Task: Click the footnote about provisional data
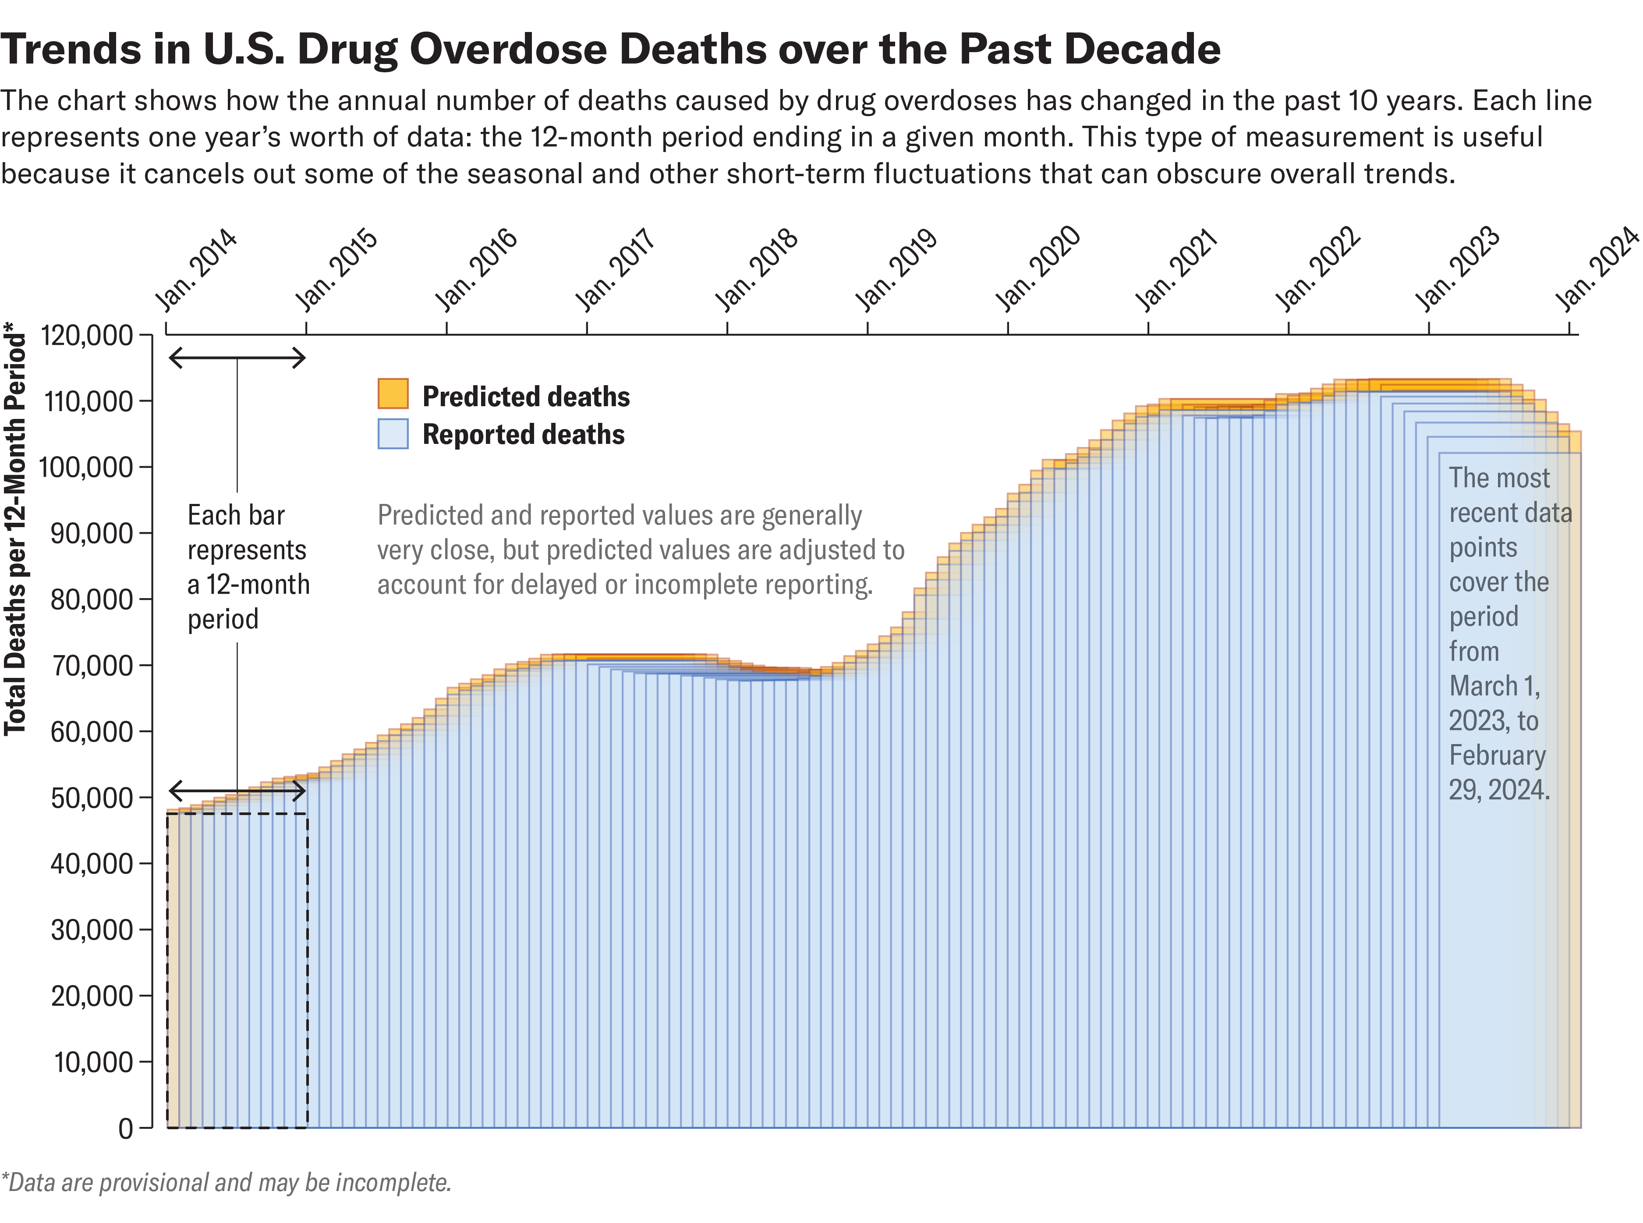pos(226,1182)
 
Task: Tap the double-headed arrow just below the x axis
pos(237,358)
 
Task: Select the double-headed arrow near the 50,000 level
pos(237,791)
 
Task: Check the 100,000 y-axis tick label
pos(87,467)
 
